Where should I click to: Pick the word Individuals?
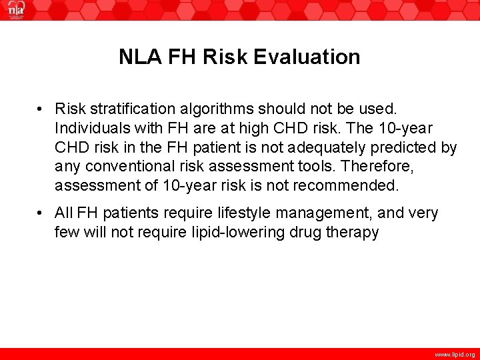[86, 127]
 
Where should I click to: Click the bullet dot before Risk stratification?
[41, 109]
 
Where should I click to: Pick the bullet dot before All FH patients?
[41, 214]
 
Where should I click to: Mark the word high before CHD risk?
[243, 127]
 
